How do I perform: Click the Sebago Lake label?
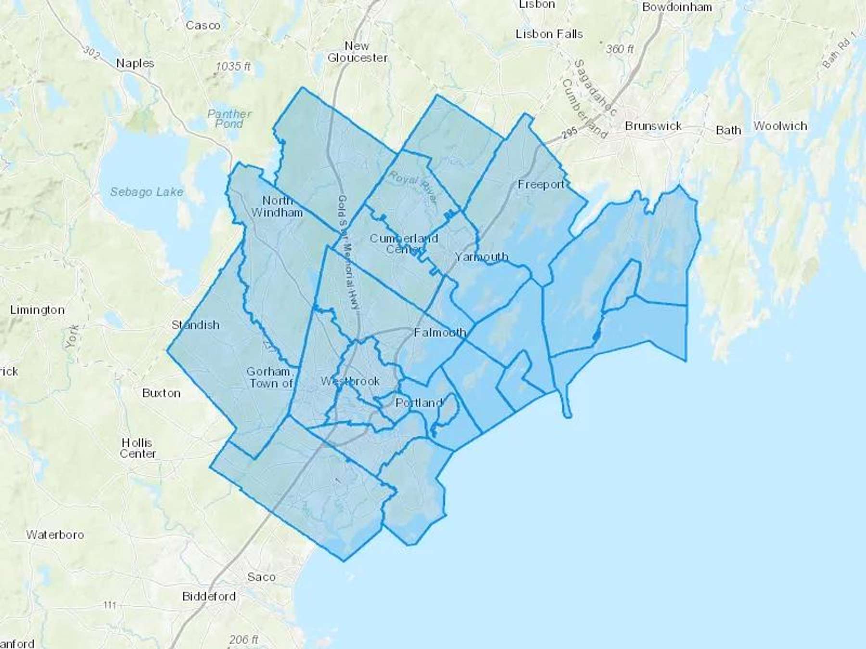click(x=147, y=192)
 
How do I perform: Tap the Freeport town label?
click(x=541, y=185)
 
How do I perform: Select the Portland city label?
click(x=419, y=403)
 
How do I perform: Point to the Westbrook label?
click(x=350, y=381)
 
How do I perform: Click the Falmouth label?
click(x=440, y=332)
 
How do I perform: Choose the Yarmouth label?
click(x=481, y=257)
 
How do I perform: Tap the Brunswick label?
click(x=653, y=126)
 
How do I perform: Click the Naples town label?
click(x=135, y=63)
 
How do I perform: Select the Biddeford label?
click(x=209, y=597)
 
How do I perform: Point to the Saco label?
click(x=261, y=577)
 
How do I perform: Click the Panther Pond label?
click(x=229, y=119)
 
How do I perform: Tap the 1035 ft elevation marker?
click(x=233, y=66)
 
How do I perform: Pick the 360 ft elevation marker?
click(x=619, y=49)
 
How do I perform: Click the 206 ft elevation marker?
click(x=243, y=639)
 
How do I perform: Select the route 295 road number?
click(x=570, y=133)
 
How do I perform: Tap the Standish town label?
click(x=195, y=325)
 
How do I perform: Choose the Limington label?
click(x=37, y=310)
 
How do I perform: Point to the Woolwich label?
click(x=780, y=126)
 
